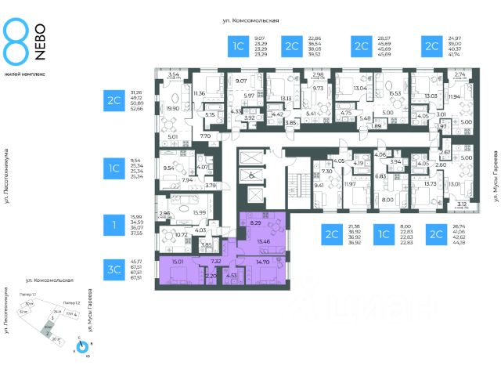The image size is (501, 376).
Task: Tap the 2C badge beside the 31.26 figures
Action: (114, 101)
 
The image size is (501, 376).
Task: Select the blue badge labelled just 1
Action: (114, 226)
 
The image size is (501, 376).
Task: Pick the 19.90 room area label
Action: (172, 109)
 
